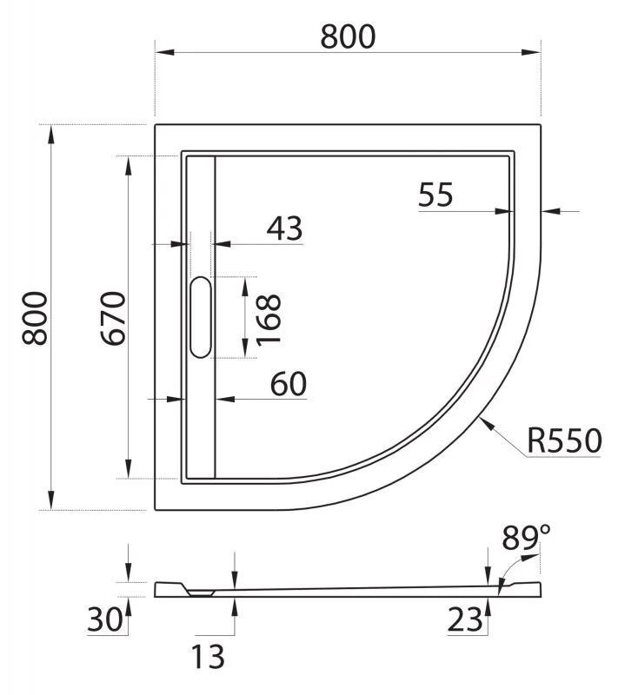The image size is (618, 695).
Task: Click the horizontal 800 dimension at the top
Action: tap(348, 36)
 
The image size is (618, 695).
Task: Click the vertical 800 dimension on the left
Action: tap(34, 317)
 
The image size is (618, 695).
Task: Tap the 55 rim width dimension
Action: tap(435, 195)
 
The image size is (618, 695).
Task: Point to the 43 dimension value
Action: tap(284, 228)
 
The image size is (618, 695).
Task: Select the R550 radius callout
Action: tap(563, 441)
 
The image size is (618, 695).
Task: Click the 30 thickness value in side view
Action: tap(105, 620)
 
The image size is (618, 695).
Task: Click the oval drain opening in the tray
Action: tap(200, 317)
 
